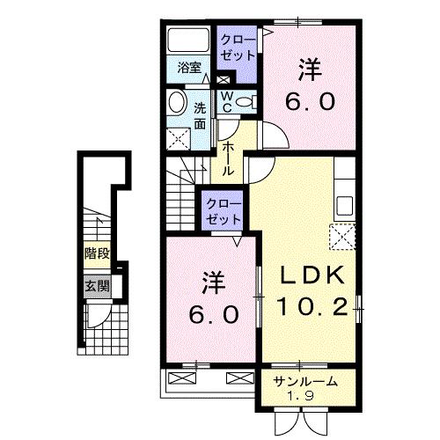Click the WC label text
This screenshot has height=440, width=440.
226,101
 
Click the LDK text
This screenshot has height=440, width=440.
309,277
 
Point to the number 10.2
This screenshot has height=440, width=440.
309,307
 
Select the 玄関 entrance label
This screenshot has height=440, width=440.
98,285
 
